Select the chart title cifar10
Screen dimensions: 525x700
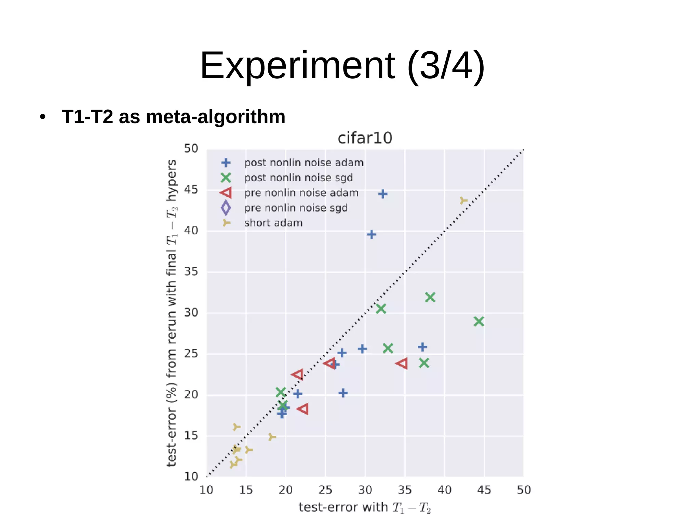coord(365,138)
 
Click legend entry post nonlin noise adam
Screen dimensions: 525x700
coord(304,163)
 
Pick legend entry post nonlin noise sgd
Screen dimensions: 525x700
coord(298,178)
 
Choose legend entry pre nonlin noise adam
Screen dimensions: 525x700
coord(301,193)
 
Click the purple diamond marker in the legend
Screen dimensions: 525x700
coord(226,208)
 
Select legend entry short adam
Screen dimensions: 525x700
coord(273,223)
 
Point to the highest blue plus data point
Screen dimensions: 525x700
coord(383,194)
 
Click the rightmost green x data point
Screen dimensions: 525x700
coord(479,321)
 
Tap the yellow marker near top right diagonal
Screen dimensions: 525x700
coord(463,200)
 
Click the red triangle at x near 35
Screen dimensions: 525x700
coord(402,363)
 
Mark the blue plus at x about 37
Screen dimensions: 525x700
coord(422,347)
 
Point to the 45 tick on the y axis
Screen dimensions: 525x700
coord(191,189)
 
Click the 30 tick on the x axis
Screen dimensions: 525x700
coord(365,490)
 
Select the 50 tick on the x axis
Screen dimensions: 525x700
coord(524,490)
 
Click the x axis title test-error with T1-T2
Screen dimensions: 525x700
coord(365,508)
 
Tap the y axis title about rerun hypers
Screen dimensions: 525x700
coord(172,313)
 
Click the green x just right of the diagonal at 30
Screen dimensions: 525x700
coord(381,309)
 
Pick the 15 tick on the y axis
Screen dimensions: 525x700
coord(191,436)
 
